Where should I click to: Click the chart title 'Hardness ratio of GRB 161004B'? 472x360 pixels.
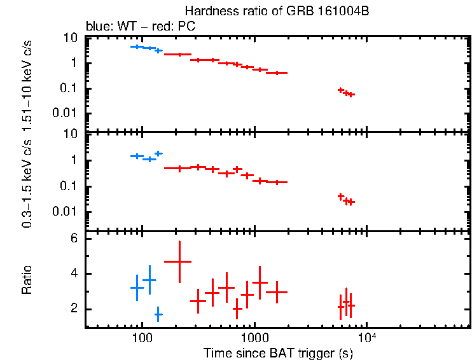click(x=277, y=11)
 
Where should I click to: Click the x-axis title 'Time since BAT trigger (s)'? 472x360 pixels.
click(x=278, y=352)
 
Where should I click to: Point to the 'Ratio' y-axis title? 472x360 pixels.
click(x=27, y=280)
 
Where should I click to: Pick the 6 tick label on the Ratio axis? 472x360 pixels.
click(x=74, y=239)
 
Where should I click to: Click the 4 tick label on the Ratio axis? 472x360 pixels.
click(x=74, y=274)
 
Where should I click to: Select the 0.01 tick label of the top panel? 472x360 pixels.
click(x=67, y=113)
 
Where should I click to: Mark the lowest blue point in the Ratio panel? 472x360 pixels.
click(x=158, y=314)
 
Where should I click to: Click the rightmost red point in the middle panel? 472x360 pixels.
click(x=351, y=202)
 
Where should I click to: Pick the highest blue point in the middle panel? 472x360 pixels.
click(x=158, y=153)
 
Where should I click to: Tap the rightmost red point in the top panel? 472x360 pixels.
click(x=351, y=94)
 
